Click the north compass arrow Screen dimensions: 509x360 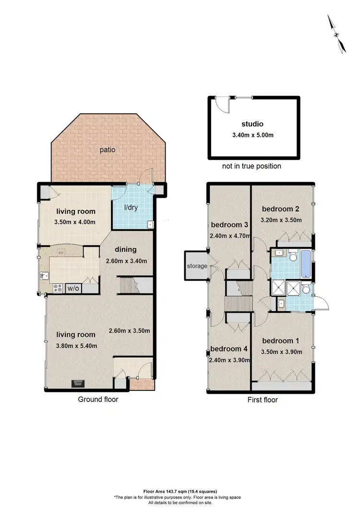(x=336, y=34)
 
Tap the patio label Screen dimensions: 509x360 (x=108, y=149)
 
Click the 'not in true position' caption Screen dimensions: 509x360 (x=252, y=166)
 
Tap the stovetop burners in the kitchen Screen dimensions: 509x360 (x=58, y=288)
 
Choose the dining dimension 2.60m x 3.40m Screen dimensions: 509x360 (x=126, y=261)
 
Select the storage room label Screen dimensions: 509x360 (x=197, y=266)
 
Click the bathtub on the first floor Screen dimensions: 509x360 (x=305, y=263)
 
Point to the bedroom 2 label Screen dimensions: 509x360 (x=281, y=209)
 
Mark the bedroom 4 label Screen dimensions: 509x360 (x=229, y=349)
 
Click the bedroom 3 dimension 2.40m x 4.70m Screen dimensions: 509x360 (x=229, y=236)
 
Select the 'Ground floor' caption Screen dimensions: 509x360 (x=98, y=399)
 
